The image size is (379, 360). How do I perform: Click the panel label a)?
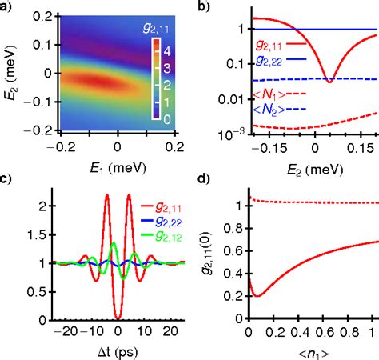pos(6,8)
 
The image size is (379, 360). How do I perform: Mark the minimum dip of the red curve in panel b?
pos(329,81)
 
